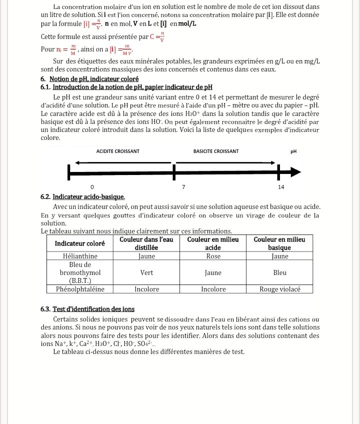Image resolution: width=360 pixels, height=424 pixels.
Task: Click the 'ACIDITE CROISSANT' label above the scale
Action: [x=118, y=151]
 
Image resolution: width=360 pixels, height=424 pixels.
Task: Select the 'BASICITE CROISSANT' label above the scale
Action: [x=216, y=151]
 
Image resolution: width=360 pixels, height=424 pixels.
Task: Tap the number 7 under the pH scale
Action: [x=183, y=186]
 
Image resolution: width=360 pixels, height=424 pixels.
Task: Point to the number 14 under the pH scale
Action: [x=281, y=186]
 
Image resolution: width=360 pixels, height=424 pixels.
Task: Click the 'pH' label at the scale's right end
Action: [x=293, y=151]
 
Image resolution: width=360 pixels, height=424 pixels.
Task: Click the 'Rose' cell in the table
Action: [x=213, y=256]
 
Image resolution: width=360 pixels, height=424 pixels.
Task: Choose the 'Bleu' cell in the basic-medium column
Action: [x=280, y=273]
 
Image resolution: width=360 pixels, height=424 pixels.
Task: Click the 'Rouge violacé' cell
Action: [x=280, y=289]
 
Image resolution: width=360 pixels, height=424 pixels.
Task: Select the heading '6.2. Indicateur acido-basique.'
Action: [x=82, y=197]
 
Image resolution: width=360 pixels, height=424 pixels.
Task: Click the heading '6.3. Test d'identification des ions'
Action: [x=87, y=309]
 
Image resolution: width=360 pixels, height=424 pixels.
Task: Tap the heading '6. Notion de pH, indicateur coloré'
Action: [x=89, y=79]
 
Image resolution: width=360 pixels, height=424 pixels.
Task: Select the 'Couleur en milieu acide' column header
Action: [x=213, y=243]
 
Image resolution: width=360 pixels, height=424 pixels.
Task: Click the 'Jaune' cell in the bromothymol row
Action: [x=213, y=273]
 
